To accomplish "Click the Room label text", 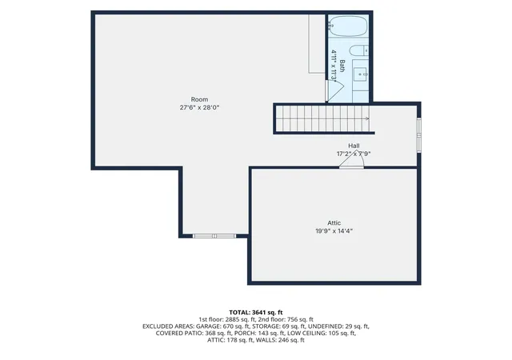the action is [199, 99].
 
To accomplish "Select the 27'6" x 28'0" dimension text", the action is [199, 107].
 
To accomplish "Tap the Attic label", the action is [334, 222].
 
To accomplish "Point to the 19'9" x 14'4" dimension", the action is [334, 231].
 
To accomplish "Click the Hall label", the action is [354, 146].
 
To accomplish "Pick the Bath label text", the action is [342, 66].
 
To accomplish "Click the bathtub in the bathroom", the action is [349, 26].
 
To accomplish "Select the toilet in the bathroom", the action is [359, 50].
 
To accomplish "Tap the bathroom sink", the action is [361, 74].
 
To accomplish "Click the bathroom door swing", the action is [336, 91].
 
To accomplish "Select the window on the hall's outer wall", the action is [419, 135].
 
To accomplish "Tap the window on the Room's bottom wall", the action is [214, 236].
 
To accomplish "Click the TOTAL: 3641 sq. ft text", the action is [256, 312].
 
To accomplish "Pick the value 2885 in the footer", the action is [232, 319].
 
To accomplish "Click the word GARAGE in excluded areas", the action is [208, 326].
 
